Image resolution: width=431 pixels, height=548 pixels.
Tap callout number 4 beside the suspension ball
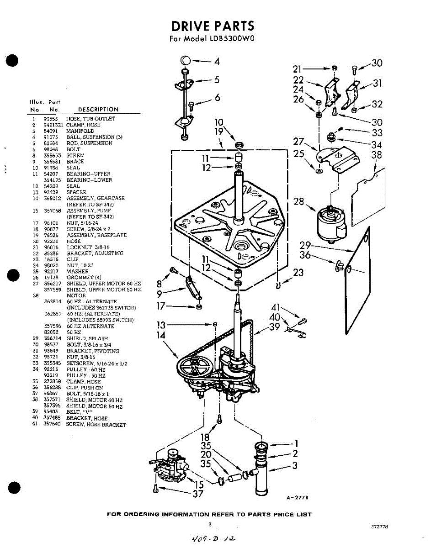[217, 61]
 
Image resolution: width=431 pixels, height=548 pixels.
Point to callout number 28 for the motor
[298, 201]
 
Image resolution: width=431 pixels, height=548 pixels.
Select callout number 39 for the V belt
[275, 327]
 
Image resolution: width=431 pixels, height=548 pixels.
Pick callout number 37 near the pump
[198, 494]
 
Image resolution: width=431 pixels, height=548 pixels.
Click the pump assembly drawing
[170, 466]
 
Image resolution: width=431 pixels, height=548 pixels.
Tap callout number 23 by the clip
[298, 273]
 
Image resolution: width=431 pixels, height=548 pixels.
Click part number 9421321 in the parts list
[53, 125]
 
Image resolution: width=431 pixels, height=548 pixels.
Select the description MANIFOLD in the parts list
[80, 131]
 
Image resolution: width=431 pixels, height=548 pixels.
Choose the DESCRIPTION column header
[98, 110]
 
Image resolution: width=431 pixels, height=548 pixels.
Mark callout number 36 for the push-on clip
[305, 256]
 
